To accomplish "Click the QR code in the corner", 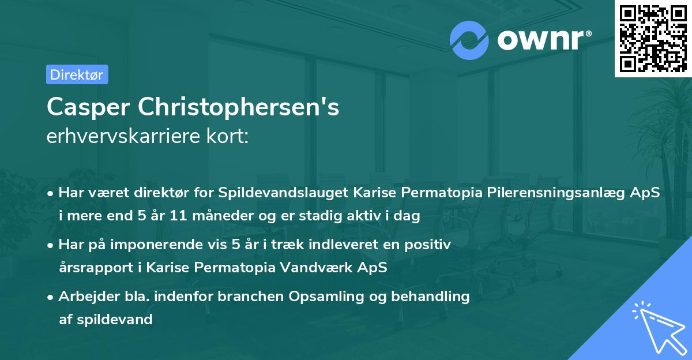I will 653,39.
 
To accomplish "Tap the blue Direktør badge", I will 77,74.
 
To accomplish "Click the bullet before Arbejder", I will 52,297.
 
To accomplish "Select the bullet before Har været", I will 52,194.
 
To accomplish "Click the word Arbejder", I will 84,297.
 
